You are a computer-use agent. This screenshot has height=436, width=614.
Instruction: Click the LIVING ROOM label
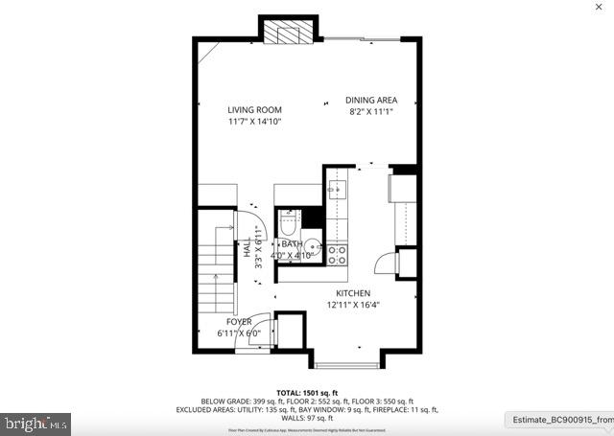[x=254, y=110]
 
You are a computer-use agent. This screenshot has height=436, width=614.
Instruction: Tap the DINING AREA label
[x=371, y=101]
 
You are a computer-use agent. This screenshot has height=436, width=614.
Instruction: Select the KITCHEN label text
[x=353, y=293]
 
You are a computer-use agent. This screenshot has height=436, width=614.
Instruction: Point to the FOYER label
[x=239, y=322]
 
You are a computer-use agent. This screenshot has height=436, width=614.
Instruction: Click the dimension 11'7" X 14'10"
[x=254, y=122]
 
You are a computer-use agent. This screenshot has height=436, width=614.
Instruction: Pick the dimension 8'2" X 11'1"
[x=371, y=112]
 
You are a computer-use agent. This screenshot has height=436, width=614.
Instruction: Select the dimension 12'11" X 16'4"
[x=353, y=305]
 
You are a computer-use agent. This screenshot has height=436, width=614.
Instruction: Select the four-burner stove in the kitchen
[x=337, y=254]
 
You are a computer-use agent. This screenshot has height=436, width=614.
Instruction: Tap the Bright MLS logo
[x=35, y=422]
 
